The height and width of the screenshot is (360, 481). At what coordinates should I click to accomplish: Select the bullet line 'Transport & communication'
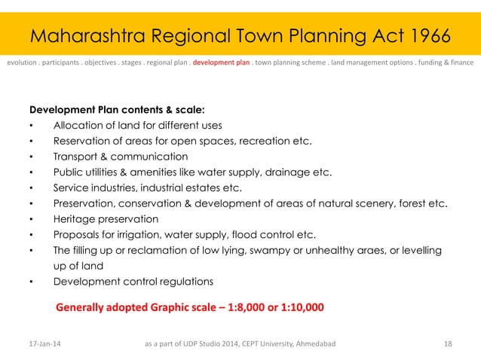click(120, 156)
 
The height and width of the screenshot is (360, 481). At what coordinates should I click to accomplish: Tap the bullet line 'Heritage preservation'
click(106, 219)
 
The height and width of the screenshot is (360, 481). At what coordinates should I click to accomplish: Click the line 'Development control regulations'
click(133, 282)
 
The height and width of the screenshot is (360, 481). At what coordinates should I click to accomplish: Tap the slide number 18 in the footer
click(449, 344)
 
